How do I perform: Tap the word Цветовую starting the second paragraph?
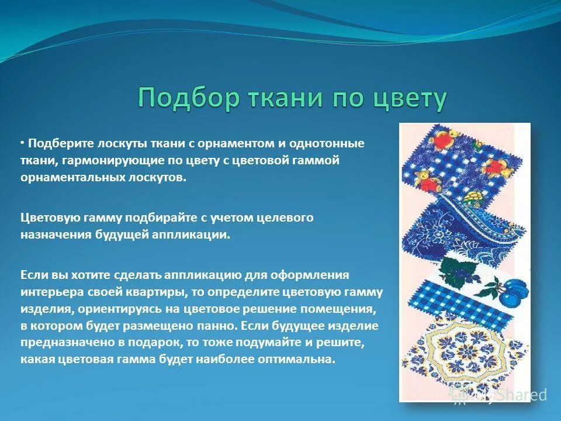pos(47,218)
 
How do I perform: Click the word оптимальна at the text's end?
pos(304,360)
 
